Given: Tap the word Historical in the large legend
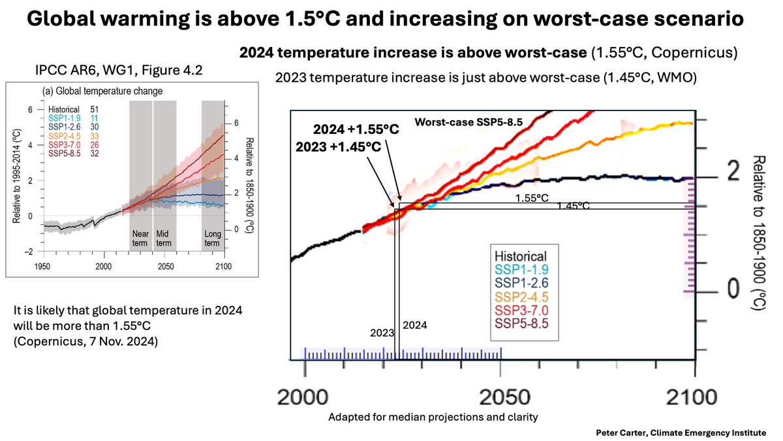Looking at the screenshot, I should coord(521,256).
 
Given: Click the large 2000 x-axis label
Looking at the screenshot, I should coord(305,397).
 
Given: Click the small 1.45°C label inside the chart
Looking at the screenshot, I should coord(573,206).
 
